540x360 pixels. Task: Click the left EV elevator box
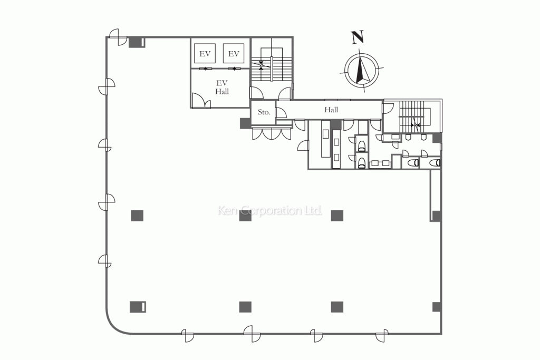(205, 53)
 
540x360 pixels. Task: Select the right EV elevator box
(234, 53)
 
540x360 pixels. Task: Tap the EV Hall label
(222, 87)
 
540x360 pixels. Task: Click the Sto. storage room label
(264, 112)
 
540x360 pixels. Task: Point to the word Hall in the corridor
(331, 110)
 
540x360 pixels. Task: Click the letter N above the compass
(358, 37)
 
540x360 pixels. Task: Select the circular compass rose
(362, 71)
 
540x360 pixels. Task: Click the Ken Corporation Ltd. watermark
(270, 210)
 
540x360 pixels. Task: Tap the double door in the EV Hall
(201, 101)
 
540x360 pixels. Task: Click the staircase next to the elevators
(272, 64)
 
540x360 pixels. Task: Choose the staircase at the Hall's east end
(416, 117)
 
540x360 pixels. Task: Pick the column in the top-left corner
(137, 42)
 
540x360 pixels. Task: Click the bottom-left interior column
(138, 307)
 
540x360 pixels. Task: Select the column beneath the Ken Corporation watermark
(245, 216)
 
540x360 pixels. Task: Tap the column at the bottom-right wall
(437, 307)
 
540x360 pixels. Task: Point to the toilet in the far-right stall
(435, 162)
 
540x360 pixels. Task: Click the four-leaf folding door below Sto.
(272, 133)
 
